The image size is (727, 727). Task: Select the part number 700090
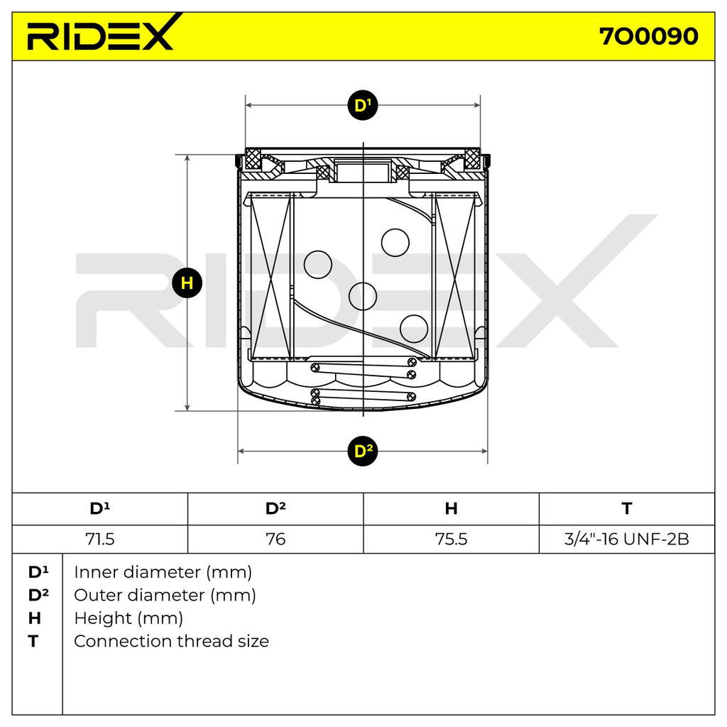649,36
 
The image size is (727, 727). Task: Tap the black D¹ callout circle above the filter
363,105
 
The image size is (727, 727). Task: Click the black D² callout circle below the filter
363,451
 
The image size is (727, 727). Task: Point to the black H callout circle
187,283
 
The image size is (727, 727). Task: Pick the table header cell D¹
99,508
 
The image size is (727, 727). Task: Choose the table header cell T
627,508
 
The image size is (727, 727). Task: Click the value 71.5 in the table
99,540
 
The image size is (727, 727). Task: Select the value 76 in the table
275,540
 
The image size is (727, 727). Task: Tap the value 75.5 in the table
451,540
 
